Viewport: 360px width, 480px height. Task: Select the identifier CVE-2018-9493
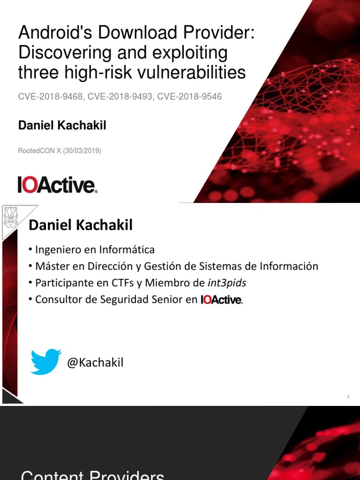(x=120, y=97)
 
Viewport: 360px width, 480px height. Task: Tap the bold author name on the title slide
(x=62, y=126)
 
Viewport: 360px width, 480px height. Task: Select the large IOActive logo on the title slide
(x=58, y=185)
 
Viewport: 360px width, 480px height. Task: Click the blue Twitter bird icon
(x=45, y=361)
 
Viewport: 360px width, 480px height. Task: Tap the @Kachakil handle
(x=95, y=362)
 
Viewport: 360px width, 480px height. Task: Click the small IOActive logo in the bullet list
(x=222, y=300)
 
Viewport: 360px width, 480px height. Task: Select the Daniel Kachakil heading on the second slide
(x=81, y=225)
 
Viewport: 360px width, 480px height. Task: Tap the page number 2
(x=348, y=397)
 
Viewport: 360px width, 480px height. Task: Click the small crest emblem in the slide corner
(x=11, y=217)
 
